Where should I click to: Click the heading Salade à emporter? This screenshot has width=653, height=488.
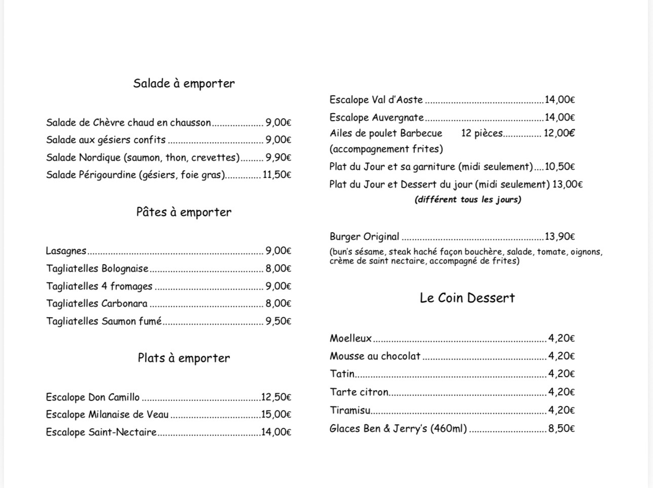coord(184,84)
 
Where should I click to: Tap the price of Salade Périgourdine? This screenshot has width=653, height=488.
coord(277,175)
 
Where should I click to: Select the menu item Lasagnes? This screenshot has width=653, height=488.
coord(66,251)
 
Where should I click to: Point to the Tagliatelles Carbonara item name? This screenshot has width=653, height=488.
coord(97,304)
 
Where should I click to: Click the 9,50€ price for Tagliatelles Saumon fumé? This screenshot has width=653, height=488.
coord(278,321)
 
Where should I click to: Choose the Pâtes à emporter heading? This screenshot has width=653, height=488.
coord(184,212)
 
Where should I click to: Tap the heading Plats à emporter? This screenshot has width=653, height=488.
coord(184,358)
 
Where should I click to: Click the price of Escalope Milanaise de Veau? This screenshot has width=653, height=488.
coord(276,415)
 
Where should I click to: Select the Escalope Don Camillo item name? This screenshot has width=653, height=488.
coord(93,397)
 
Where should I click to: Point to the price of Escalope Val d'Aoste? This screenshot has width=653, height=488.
coord(560,100)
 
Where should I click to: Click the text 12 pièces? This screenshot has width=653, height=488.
coord(482,133)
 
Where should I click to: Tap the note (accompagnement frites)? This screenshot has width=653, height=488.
coord(386,149)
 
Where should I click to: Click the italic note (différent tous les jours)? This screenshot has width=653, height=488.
coord(468,200)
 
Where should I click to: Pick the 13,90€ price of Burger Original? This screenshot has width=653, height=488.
coord(560,237)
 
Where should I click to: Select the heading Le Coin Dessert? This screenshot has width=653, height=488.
coord(467,298)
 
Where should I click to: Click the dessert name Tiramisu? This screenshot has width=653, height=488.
coord(350,410)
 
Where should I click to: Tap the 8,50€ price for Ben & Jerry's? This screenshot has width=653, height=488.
coord(561,429)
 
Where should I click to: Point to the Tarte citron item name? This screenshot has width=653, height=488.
coord(359,392)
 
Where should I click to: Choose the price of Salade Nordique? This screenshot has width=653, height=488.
coord(278,158)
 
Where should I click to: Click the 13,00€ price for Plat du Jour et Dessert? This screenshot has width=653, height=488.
coord(567,184)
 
